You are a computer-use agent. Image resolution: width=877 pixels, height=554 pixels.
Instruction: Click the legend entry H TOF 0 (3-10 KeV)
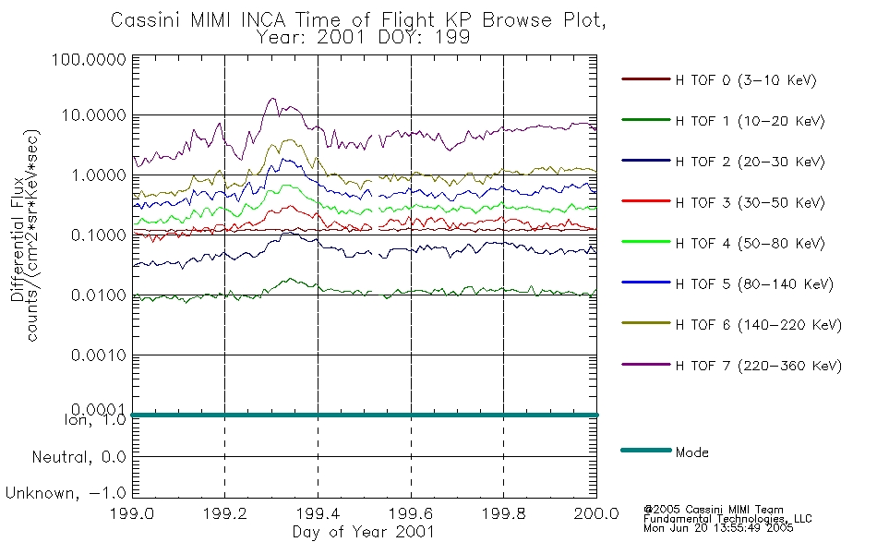(746, 80)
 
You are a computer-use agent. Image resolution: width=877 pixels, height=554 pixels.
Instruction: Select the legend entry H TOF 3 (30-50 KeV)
(750, 202)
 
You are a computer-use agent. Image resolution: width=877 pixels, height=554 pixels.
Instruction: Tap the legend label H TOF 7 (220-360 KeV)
(759, 366)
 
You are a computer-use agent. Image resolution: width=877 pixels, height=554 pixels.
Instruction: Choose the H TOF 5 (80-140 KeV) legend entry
(754, 284)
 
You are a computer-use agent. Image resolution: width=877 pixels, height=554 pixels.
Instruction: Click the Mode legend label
(691, 452)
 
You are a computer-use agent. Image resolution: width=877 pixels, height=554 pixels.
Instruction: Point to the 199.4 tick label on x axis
(318, 513)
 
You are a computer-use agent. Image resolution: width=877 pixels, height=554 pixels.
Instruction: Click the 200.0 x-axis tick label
(596, 513)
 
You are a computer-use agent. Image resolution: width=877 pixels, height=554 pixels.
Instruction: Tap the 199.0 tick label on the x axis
(132, 513)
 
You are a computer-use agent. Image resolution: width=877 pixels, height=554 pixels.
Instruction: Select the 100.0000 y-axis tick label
(89, 59)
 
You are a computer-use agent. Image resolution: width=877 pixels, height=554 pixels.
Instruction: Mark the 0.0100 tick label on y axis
(99, 295)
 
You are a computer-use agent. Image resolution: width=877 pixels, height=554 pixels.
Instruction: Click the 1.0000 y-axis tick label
(99, 175)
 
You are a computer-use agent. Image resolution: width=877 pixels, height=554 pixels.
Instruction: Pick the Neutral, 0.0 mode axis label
(78, 457)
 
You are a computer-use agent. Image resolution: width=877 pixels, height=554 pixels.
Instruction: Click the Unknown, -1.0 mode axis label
(66, 493)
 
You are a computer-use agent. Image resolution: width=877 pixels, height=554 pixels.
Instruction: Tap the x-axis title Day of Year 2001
(364, 532)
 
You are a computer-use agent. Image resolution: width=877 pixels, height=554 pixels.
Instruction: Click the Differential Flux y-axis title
(18, 239)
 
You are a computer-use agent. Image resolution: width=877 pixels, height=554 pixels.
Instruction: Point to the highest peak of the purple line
(272, 99)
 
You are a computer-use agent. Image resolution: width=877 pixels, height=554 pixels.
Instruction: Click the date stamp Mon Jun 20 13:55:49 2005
(718, 528)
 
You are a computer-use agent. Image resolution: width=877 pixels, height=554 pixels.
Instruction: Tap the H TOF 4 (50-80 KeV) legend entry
(750, 244)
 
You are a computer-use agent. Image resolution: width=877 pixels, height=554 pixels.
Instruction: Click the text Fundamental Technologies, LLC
(727, 519)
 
